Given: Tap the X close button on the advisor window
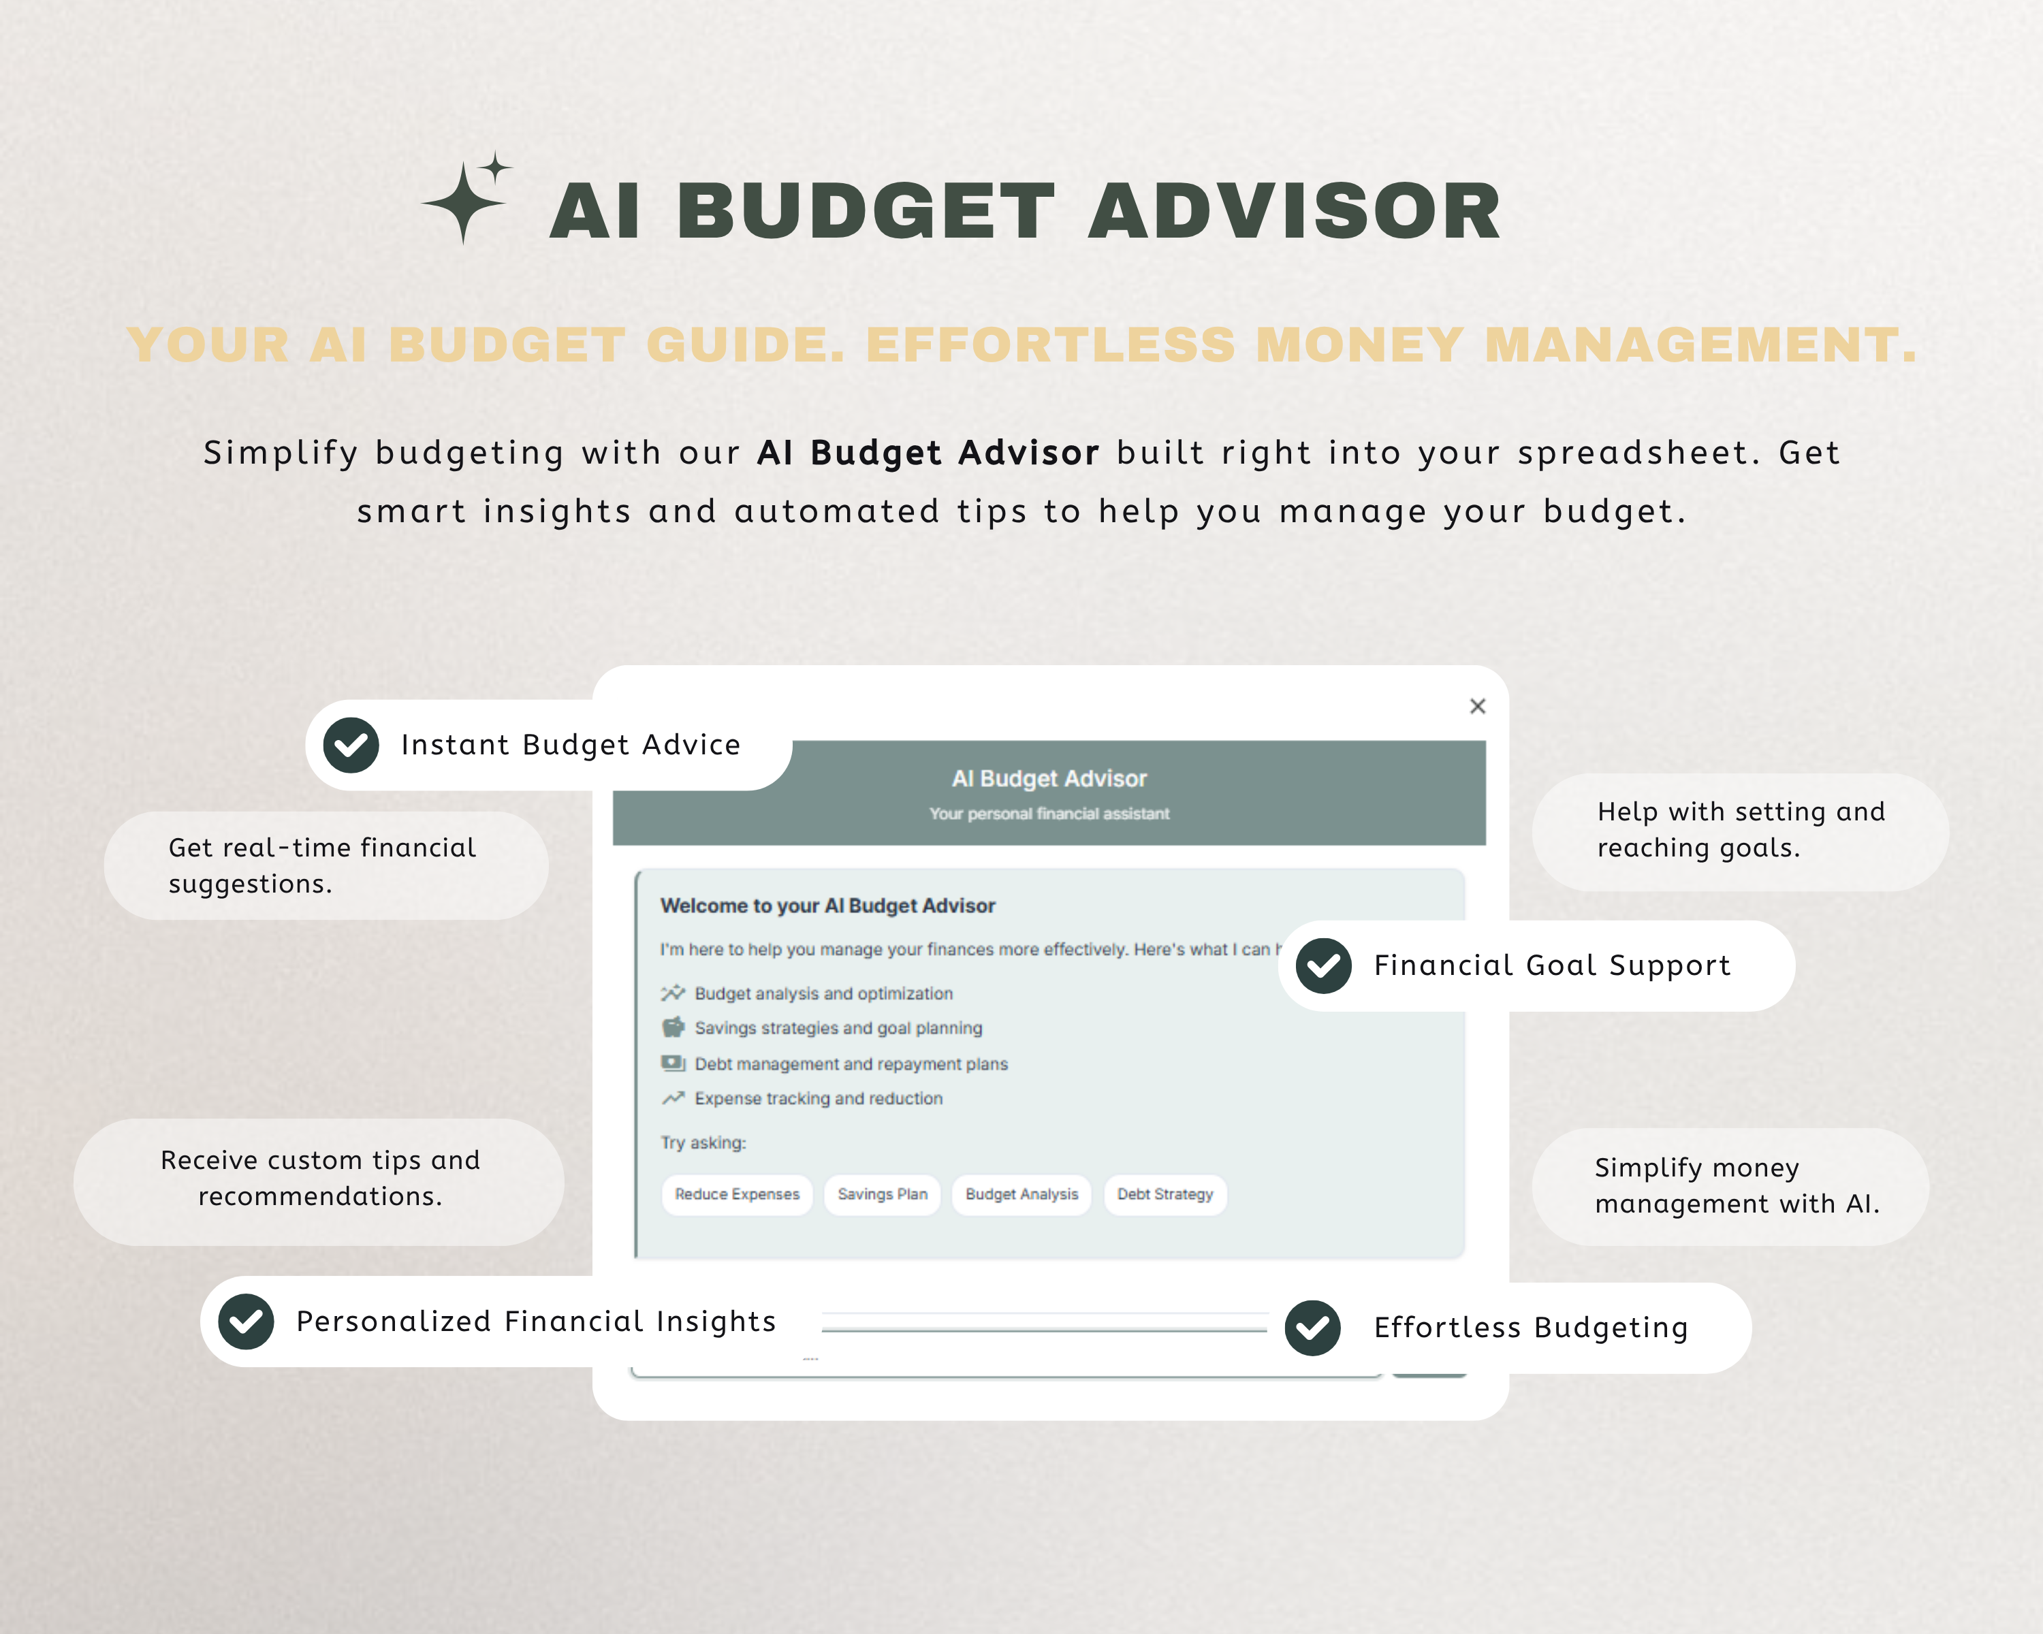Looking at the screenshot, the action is [1477, 706].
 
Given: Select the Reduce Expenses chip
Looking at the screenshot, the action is [738, 1194].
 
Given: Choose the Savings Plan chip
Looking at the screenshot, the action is [882, 1194].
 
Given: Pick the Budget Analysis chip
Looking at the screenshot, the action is [1022, 1194].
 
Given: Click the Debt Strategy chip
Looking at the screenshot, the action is [1165, 1194].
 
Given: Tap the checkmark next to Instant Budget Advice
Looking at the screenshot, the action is [351, 746].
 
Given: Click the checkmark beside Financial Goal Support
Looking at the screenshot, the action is [1324, 966].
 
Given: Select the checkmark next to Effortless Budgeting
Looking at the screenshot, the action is [1312, 1328].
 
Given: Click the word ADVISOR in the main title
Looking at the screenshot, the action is [1295, 210].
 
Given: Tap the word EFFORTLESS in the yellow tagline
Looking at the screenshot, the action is [1050, 345].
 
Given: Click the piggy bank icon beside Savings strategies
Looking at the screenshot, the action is [673, 1028].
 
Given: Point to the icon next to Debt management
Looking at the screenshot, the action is [673, 1063].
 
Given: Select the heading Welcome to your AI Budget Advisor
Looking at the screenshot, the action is [827, 906].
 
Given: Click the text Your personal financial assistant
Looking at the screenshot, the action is [1049, 814].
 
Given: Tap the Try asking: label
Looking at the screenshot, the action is [703, 1142].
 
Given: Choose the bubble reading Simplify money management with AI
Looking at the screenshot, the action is [1730, 1186].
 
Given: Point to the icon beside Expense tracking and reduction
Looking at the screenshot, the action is [673, 1099].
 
